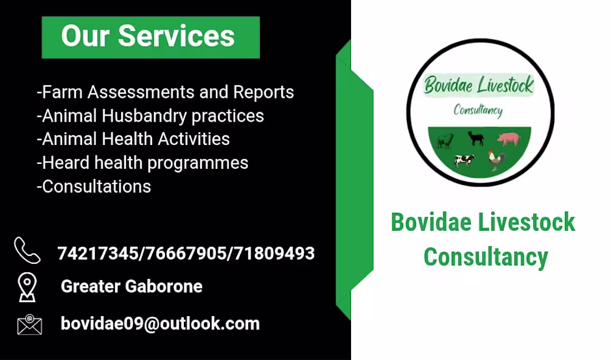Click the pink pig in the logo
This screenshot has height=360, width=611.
coord(508,138)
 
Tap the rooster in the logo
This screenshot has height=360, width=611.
coord(496,159)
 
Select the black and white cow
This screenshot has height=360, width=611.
coord(464,160)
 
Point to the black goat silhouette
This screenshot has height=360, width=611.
coord(475,138)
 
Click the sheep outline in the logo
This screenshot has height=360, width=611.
coord(445,140)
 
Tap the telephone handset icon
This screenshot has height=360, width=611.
coord(27,251)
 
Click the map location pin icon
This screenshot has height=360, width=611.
coord(27,287)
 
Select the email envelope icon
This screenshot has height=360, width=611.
coord(29,324)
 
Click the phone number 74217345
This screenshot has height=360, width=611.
coord(97,254)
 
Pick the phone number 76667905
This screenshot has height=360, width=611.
coord(185,254)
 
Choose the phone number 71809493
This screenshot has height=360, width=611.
coord(274,254)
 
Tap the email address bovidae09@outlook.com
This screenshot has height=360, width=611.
coord(160,324)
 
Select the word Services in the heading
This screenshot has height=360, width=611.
coord(176,37)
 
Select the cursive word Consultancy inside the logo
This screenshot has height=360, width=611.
coord(478,110)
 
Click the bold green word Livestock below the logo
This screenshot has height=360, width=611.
coord(526,222)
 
